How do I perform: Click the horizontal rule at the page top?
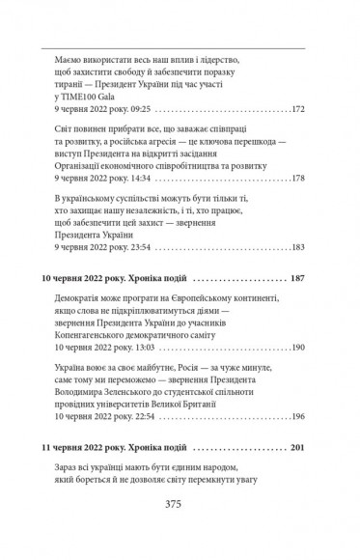click(x=180, y=44)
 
